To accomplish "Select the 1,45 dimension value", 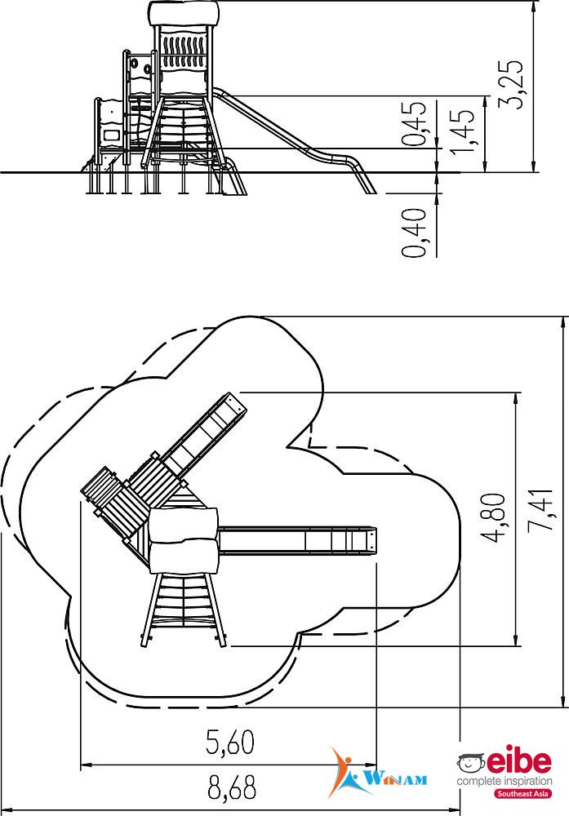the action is pos(462,131).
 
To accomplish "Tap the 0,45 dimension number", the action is pos(415,123).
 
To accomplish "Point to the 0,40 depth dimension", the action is pos(415,232).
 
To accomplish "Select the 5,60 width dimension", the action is pos(230,743).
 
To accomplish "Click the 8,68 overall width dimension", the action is pos(232,787).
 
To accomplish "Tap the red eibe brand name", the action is pos(518,762).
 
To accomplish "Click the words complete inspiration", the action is pos(505,781).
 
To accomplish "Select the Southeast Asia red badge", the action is pos(523,794).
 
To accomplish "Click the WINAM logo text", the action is pos(396,779).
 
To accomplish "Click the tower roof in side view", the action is pos(183,14).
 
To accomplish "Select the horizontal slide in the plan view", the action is pos(297,541).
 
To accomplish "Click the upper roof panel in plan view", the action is pos(183,525).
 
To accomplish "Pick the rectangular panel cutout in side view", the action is pos(112,135).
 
